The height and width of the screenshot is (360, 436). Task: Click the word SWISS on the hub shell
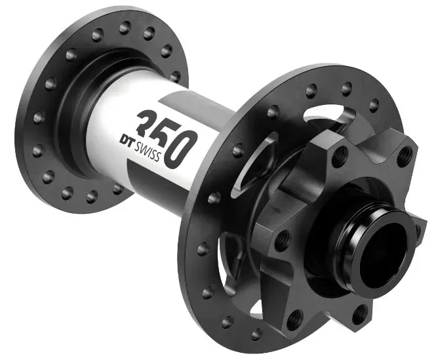(148, 151)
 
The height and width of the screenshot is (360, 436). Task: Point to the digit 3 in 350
(147, 122)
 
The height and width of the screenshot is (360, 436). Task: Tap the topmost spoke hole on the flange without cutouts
(125, 28)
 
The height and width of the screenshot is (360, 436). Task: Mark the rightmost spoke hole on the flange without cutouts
(175, 77)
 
